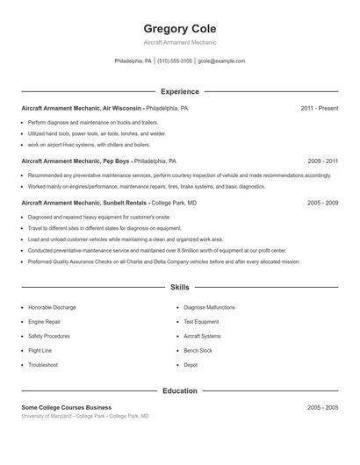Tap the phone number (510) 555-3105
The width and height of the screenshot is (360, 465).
175,61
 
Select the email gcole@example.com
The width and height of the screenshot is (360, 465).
221,61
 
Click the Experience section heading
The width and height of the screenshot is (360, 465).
179,91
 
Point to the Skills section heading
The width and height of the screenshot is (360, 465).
179,287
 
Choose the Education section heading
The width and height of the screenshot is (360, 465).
179,390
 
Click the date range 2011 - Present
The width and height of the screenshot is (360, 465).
319,108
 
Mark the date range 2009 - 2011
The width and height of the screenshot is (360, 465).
323,161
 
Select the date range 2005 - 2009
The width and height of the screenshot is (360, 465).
323,203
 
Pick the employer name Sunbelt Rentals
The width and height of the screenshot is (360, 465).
125,203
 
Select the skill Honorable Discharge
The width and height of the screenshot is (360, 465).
52,308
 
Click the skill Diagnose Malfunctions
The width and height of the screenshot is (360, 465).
209,308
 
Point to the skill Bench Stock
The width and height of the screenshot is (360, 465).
198,350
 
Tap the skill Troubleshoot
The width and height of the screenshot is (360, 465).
43,365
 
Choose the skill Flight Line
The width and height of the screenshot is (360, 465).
40,350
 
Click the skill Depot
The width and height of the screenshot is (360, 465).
191,365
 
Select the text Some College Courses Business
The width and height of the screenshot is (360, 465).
67,408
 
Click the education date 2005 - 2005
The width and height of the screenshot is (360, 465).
323,408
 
